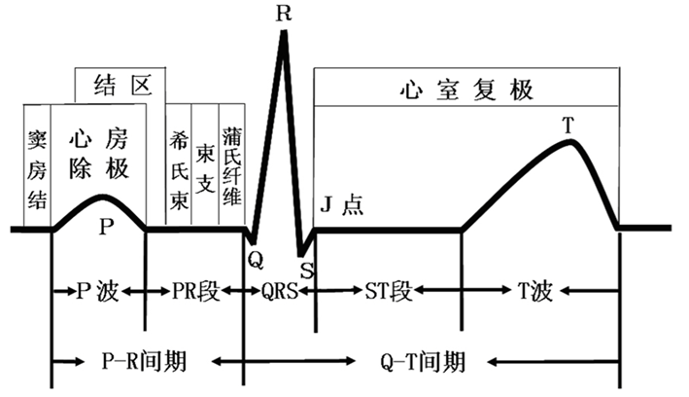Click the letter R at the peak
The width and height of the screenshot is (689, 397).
click(283, 14)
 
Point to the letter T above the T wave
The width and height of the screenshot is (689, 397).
click(568, 126)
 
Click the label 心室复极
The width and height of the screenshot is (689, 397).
click(467, 88)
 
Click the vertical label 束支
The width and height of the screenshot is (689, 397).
click(205, 157)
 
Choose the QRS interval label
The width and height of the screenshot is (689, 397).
click(274, 290)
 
